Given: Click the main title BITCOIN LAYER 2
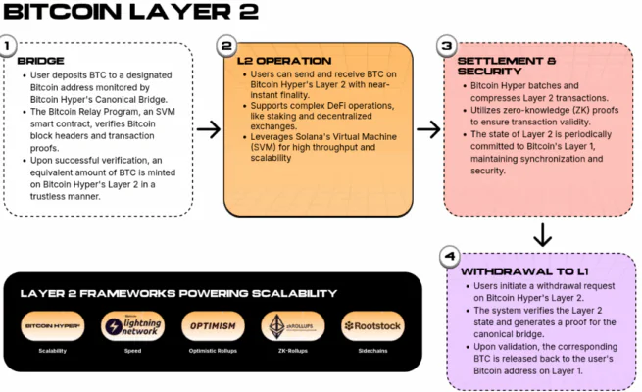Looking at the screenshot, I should [x=131, y=13].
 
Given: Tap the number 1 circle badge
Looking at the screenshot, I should [x=9, y=46].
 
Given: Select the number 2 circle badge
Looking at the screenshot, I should [x=226, y=46].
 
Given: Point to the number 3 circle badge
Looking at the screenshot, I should [x=446, y=46].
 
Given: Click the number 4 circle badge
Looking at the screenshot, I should [x=448, y=257].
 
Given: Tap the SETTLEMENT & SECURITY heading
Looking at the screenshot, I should [x=499, y=67].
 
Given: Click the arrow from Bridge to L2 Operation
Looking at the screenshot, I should [x=208, y=129].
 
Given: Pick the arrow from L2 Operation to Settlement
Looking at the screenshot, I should [x=428, y=129].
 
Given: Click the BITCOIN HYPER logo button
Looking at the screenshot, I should [x=53, y=325].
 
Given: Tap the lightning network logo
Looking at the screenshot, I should [x=132, y=325].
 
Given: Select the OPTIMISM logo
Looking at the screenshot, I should [x=211, y=325].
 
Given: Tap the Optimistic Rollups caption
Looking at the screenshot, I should [x=211, y=350].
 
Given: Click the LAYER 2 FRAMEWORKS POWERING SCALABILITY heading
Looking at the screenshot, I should [x=178, y=293].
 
